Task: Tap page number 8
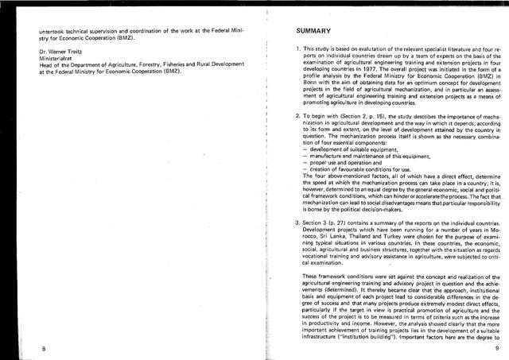(45, 348)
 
